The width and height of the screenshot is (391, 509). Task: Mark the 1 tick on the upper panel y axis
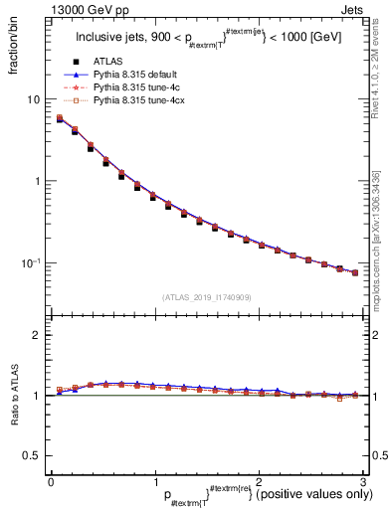pyautogui.click(x=37, y=181)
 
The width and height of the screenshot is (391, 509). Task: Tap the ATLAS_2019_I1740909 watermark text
pyautogui.click(x=206, y=297)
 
